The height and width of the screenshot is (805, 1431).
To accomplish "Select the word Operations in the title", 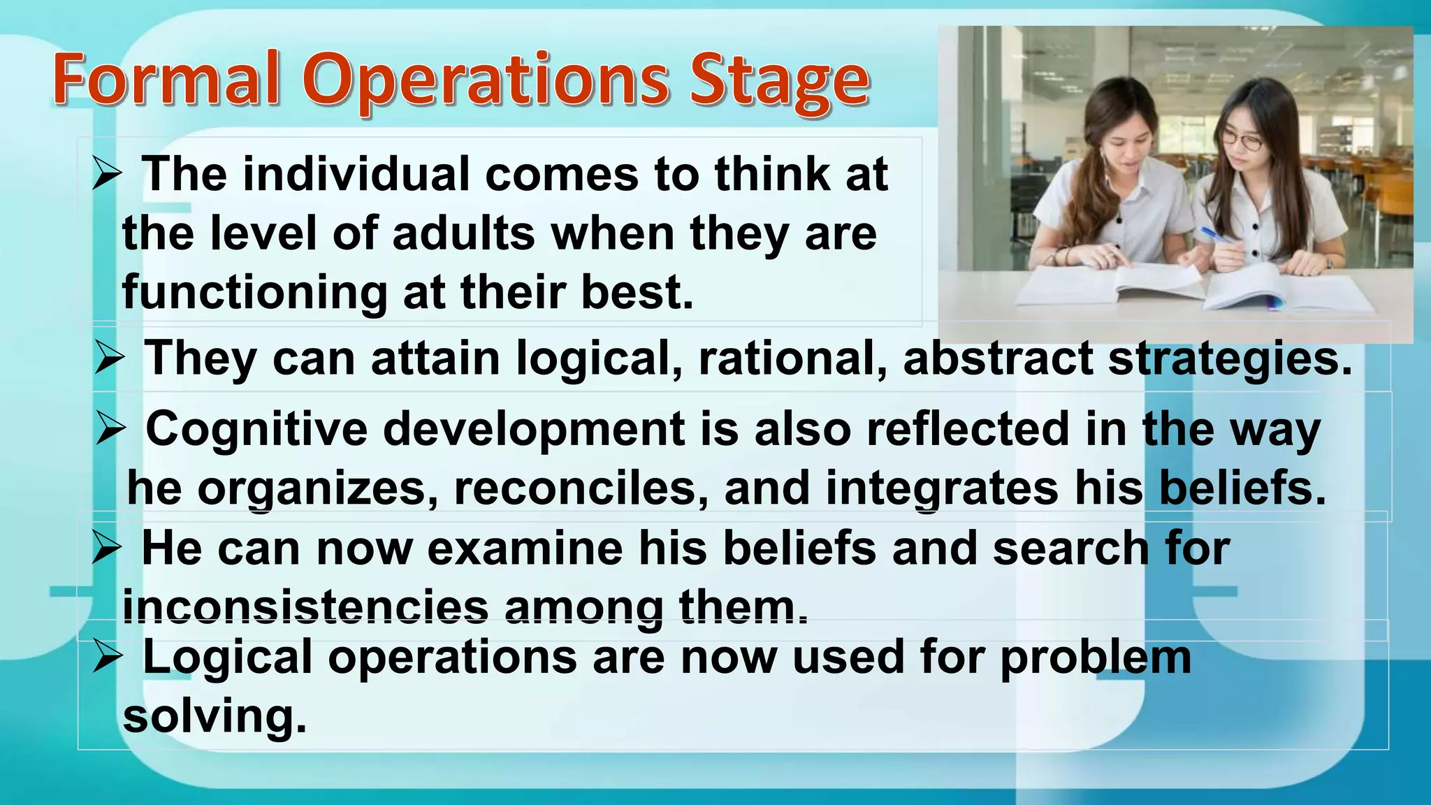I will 486,82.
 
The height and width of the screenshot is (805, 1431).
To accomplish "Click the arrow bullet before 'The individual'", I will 107,173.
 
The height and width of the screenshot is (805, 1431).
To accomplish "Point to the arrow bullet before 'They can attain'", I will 110,358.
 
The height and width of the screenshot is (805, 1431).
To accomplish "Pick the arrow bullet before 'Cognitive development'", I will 110,428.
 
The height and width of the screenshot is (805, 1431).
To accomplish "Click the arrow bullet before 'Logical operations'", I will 107,657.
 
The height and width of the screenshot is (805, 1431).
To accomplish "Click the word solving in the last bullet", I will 215,717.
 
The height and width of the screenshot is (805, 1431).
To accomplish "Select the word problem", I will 1096,658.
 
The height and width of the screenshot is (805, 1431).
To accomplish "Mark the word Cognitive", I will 256,429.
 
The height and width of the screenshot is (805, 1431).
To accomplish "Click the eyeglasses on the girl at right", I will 1242,141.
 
